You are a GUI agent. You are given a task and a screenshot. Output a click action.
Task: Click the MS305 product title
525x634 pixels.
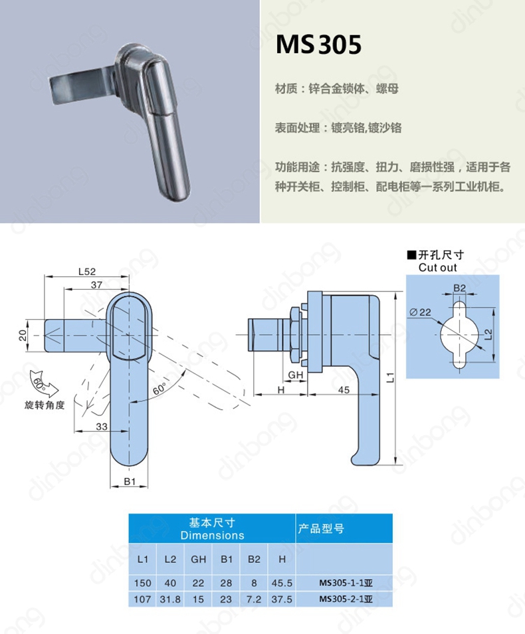(318, 45)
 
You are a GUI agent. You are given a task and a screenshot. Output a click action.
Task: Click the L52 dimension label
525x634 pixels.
(87, 272)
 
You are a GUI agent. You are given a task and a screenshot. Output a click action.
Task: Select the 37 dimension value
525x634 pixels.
(96, 284)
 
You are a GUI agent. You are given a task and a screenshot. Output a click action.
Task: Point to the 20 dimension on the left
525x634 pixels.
(23, 335)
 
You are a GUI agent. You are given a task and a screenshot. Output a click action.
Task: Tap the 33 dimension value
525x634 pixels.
(102, 427)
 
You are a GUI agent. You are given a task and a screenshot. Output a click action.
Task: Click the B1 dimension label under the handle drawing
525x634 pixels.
(130, 481)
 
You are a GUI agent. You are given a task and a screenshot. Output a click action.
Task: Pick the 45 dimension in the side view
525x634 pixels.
(344, 390)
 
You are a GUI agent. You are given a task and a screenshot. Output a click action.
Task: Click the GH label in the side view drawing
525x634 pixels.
(295, 375)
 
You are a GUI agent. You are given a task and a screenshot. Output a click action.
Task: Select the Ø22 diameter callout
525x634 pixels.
(420, 312)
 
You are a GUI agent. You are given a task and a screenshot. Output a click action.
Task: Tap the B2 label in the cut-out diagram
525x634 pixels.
(459, 288)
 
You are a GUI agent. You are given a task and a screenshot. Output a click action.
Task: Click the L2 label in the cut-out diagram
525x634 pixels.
(488, 334)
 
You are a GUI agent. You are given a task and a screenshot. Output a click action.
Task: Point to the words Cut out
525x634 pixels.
(438, 268)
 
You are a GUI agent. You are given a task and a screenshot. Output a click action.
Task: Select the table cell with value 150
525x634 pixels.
(142, 583)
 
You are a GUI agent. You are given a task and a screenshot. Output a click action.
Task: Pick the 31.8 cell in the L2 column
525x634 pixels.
(170, 599)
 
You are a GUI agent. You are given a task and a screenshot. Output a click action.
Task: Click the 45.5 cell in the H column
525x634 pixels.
(282, 583)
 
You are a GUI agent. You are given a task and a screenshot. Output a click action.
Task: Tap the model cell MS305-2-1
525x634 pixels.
(346, 599)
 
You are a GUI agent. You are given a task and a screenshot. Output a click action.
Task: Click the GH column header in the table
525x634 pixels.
(198, 559)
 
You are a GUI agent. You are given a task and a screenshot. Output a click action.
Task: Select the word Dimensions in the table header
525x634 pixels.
(213, 536)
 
